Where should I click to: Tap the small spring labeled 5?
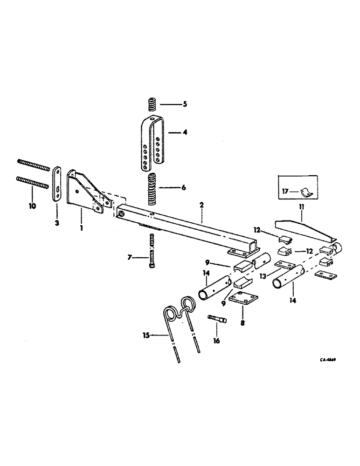click(152, 105)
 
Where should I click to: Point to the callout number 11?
click(301, 218)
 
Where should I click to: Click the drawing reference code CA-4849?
click(328, 360)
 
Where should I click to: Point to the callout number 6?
click(184, 187)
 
